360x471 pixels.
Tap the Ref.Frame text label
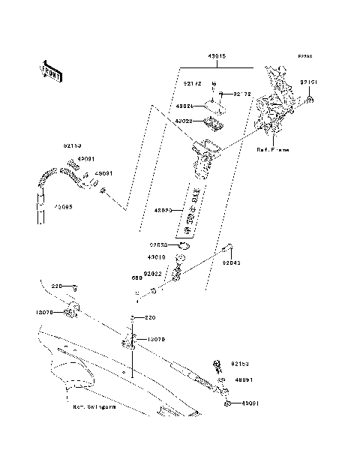tap(272, 150)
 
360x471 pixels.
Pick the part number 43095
tap(64, 206)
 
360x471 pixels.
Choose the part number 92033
tap(158, 244)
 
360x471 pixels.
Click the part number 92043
tap(230, 263)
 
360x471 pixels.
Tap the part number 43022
tap(185, 121)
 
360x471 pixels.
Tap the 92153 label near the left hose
tap(72, 148)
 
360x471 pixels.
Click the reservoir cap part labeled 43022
tap(214, 122)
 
